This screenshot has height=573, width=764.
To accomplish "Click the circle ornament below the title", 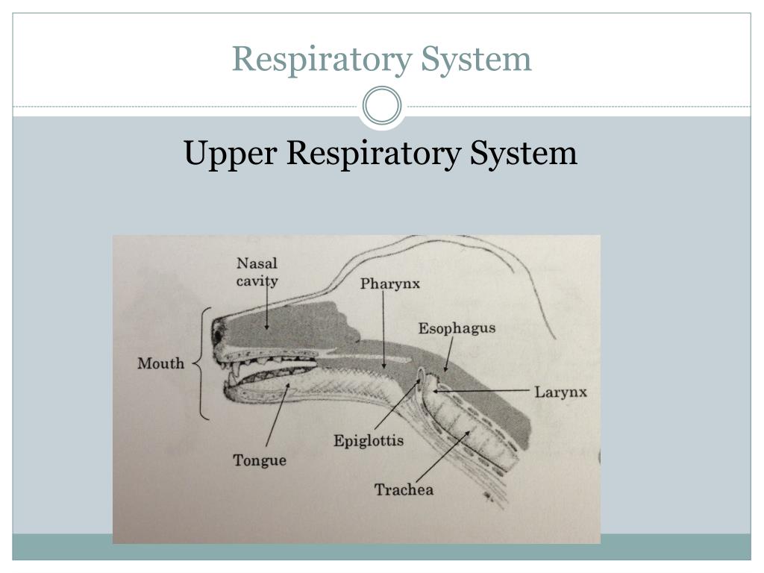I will (381, 106).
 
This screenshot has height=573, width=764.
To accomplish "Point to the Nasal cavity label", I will (257, 272).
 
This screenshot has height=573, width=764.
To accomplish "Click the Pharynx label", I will (390, 284).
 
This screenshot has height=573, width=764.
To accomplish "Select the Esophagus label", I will (457, 328).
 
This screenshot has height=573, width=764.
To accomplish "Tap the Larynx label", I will (560, 392).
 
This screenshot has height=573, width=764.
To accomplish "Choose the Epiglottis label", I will (369, 440).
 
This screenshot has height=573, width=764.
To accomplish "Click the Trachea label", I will (404, 489).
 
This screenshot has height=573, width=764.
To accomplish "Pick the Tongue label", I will (260, 460).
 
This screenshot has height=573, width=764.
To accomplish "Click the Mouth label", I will (160, 363).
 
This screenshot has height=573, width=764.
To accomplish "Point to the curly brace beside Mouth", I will (202, 363).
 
